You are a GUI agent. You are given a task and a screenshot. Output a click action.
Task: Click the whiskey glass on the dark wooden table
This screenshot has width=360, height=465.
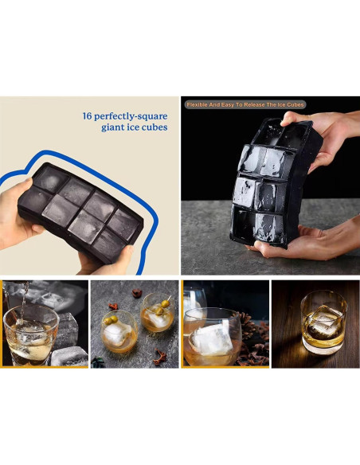click(x=323, y=326)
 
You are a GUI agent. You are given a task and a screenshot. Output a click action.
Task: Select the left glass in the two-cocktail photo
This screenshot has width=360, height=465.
click(x=119, y=333)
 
